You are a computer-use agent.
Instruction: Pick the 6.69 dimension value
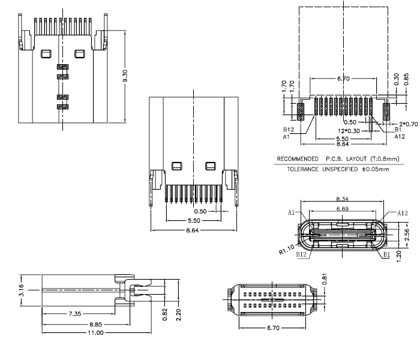point(343,209)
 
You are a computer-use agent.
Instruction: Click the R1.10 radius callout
point(287,248)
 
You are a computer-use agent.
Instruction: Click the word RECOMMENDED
point(297,159)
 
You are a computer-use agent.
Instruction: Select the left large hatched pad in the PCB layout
point(301,110)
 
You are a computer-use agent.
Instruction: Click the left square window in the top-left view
point(46,55)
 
